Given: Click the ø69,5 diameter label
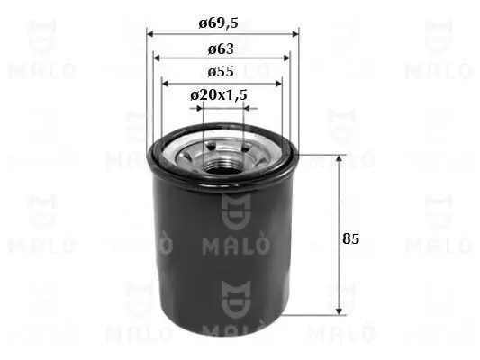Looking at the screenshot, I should coord(222,24).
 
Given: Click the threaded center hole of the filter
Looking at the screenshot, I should coord(222,162).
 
